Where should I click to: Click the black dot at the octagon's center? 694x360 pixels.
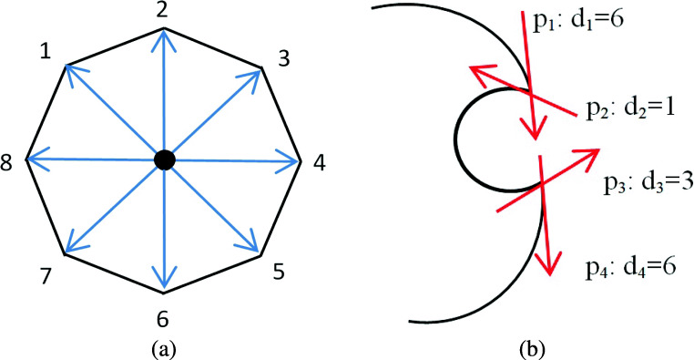(x=164, y=159)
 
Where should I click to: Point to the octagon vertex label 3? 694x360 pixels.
(x=283, y=59)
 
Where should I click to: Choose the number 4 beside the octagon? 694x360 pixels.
(x=318, y=164)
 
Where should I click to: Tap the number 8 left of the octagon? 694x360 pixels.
(x=8, y=164)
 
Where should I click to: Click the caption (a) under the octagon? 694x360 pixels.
(x=164, y=346)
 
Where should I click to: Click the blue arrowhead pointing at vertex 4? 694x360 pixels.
(x=294, y=161)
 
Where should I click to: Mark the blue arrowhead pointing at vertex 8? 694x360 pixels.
(x=34, y=160)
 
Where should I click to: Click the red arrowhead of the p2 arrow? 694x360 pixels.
(x=479, y=74)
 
